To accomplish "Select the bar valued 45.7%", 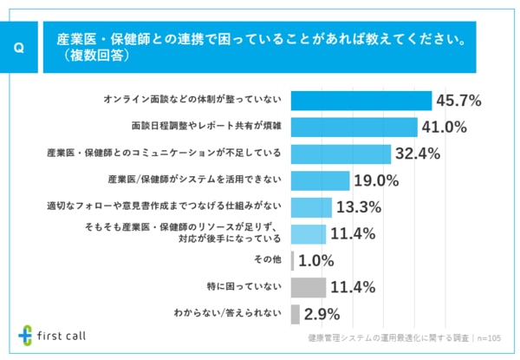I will tap(361, 101).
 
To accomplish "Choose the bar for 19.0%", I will tap(320, 180).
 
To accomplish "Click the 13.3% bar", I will tap(311, 207).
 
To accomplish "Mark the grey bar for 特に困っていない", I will tap(309, 287).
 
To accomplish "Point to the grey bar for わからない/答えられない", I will tap(296, 313).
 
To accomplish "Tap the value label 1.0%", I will tap(316, 260).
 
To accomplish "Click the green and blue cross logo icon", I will tap(27, 335).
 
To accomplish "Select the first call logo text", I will tap(62, 335).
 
